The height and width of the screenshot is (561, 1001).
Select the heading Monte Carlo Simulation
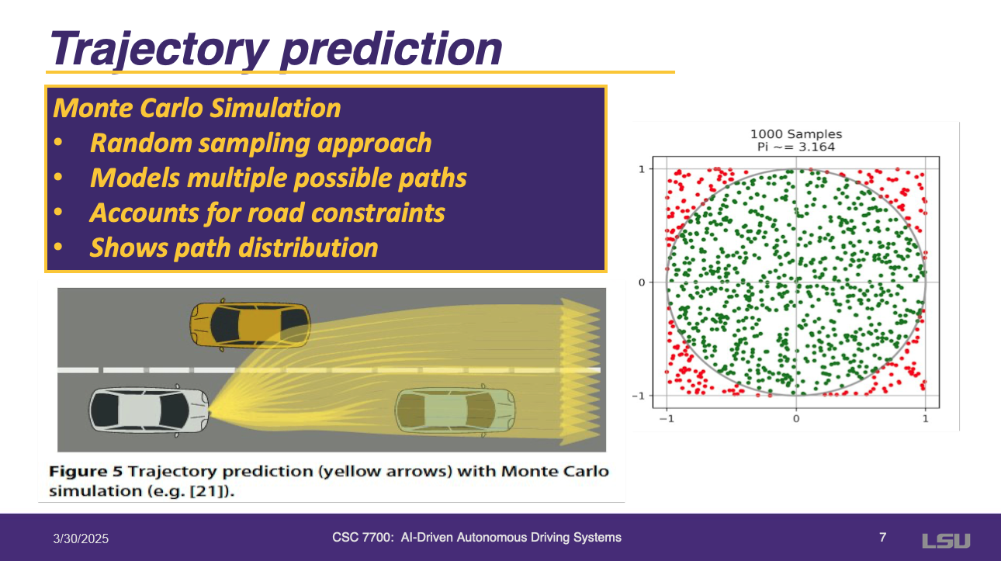tap(197, 108)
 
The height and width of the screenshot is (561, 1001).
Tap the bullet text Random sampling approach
tap(261, 143)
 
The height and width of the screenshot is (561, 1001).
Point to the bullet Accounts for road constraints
tap(267, 213)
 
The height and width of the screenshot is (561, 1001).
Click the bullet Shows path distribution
tap(234, 248)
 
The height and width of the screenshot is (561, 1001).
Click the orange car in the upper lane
tap(250, 325)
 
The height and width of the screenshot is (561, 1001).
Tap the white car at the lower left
tap(149, 410)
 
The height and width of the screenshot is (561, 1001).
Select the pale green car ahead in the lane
tap(455, 411)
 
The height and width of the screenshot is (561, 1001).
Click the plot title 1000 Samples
tap(796, 134)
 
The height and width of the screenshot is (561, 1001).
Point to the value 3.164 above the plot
tap(816, 147)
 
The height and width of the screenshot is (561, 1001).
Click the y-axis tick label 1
tap(642, 169)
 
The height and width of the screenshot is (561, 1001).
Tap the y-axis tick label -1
tap(639, 396)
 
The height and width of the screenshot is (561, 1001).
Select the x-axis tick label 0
tap(796, 419)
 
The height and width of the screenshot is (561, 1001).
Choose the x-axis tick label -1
tap(667, 419)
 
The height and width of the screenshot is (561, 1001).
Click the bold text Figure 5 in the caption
tap(85, 472)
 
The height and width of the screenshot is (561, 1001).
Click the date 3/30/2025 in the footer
tap(81, 538)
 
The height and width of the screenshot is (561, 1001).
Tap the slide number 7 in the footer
tap(882, 537)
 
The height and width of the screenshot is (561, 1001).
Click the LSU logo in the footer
tap(947, 541)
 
